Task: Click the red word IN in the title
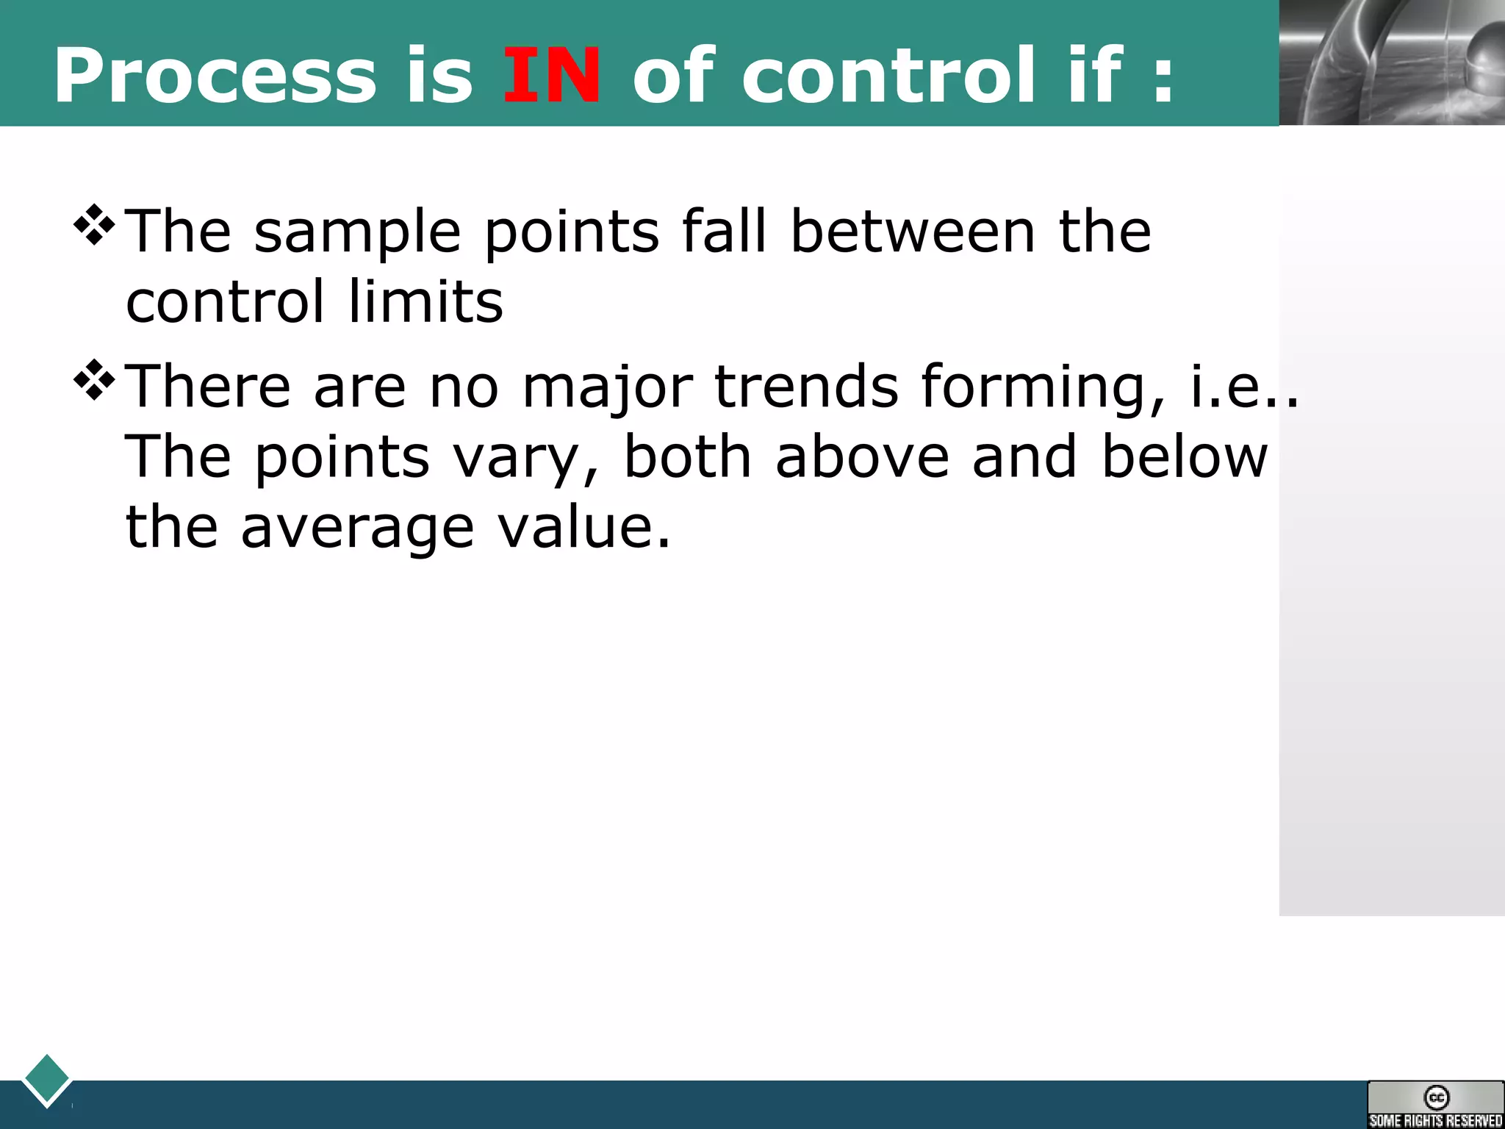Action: tap(551, 75)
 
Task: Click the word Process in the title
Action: tap(215, 75)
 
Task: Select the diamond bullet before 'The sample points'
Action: tap(95, 225)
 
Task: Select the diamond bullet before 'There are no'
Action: tap(95, 379)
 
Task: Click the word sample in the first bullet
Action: tap(357, 234)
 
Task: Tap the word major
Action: tap(607, 388)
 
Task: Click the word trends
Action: tap(806, 387)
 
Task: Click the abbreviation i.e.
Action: tap(1242, 387)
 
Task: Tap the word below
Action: tap(1184, 456)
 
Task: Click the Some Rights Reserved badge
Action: tap(1435, 1105)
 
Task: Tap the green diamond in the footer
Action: tap(47, 1079)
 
